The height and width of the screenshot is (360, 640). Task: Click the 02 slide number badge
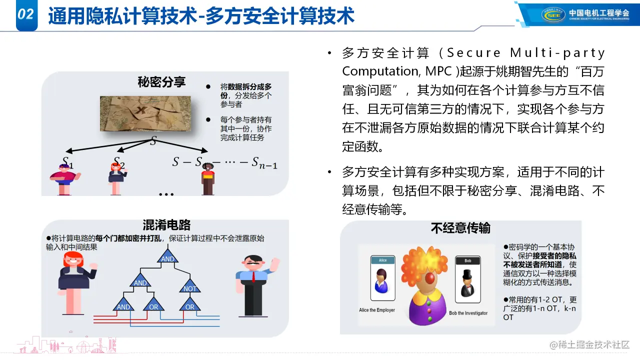point(26,15)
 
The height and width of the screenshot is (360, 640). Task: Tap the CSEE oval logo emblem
point(553,15)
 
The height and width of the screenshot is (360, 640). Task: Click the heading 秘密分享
point(161,82)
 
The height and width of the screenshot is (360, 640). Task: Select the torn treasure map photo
point(145,113)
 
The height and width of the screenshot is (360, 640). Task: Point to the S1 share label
point(67,162)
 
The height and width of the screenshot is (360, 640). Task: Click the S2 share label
point(119,162)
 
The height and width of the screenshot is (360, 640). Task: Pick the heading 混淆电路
point(166,225)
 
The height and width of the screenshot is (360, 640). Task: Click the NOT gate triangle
point(189,286)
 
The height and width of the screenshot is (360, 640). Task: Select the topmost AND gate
point(167,256)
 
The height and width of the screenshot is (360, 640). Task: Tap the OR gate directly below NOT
point(189,304)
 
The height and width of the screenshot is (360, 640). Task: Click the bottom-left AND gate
point(123,304)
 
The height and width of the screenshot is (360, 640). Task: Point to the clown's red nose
point(429,277)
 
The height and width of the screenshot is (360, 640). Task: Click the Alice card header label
point(383,260)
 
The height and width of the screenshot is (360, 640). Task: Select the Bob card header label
point(467,260)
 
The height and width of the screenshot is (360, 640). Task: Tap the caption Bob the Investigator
point(468,313)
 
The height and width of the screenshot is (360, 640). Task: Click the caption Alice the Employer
point(377,310)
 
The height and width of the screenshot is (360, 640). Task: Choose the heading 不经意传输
point(460,228)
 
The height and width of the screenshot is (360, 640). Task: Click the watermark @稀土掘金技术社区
point(589,345)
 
